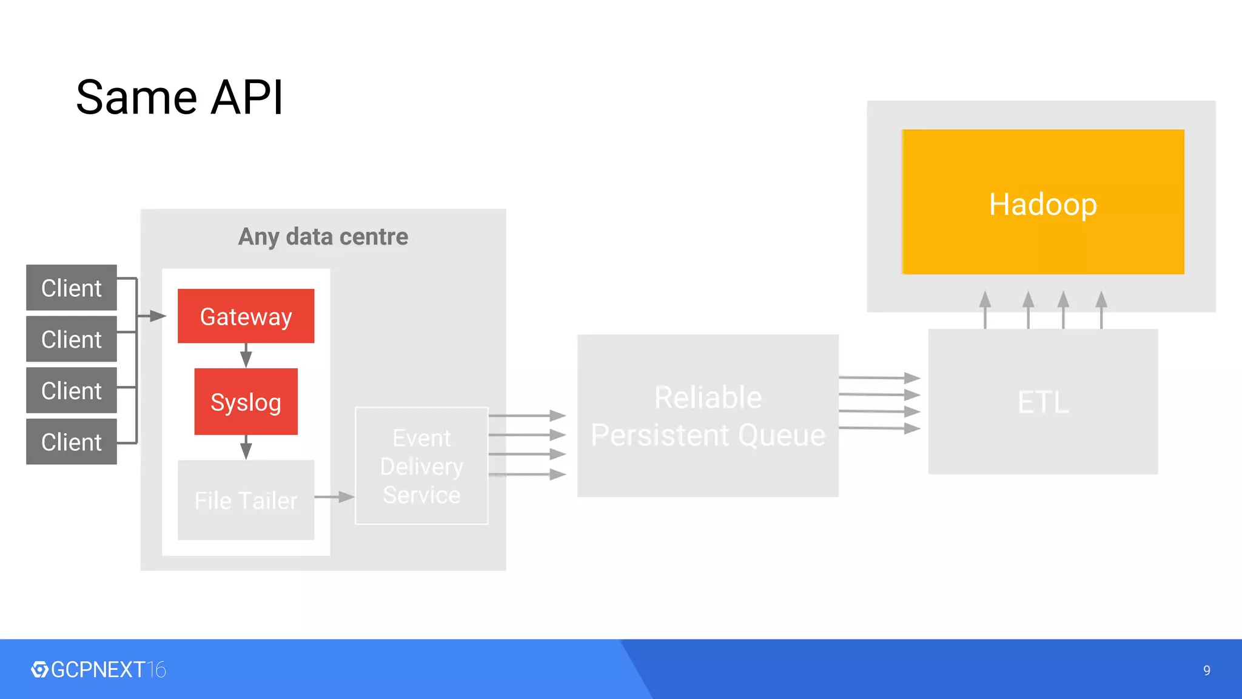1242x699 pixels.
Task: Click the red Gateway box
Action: click(246, 316)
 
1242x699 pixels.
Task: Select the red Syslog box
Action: click(246, 402)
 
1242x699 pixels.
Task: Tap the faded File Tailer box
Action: click(246, 500)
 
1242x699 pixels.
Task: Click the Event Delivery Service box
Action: click(421, 465)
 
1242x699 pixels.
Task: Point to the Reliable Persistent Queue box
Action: click(708, 416)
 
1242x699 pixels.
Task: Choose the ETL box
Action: click(1042, 402)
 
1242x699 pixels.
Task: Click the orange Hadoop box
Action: click(1042, 202)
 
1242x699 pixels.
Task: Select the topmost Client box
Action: click(72, 288)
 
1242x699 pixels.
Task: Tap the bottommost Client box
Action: click(72, 442)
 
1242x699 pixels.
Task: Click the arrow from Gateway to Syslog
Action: click(246, 355)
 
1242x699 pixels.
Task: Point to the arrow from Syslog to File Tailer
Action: click(246, 447)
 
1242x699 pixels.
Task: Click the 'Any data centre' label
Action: click(323, 237)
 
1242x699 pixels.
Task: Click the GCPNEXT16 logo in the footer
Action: click(99, 670)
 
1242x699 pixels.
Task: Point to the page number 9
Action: click(1206, 670)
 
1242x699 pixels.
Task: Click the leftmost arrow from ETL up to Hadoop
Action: click(985, 309)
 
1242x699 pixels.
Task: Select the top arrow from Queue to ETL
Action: click(879, 377)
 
